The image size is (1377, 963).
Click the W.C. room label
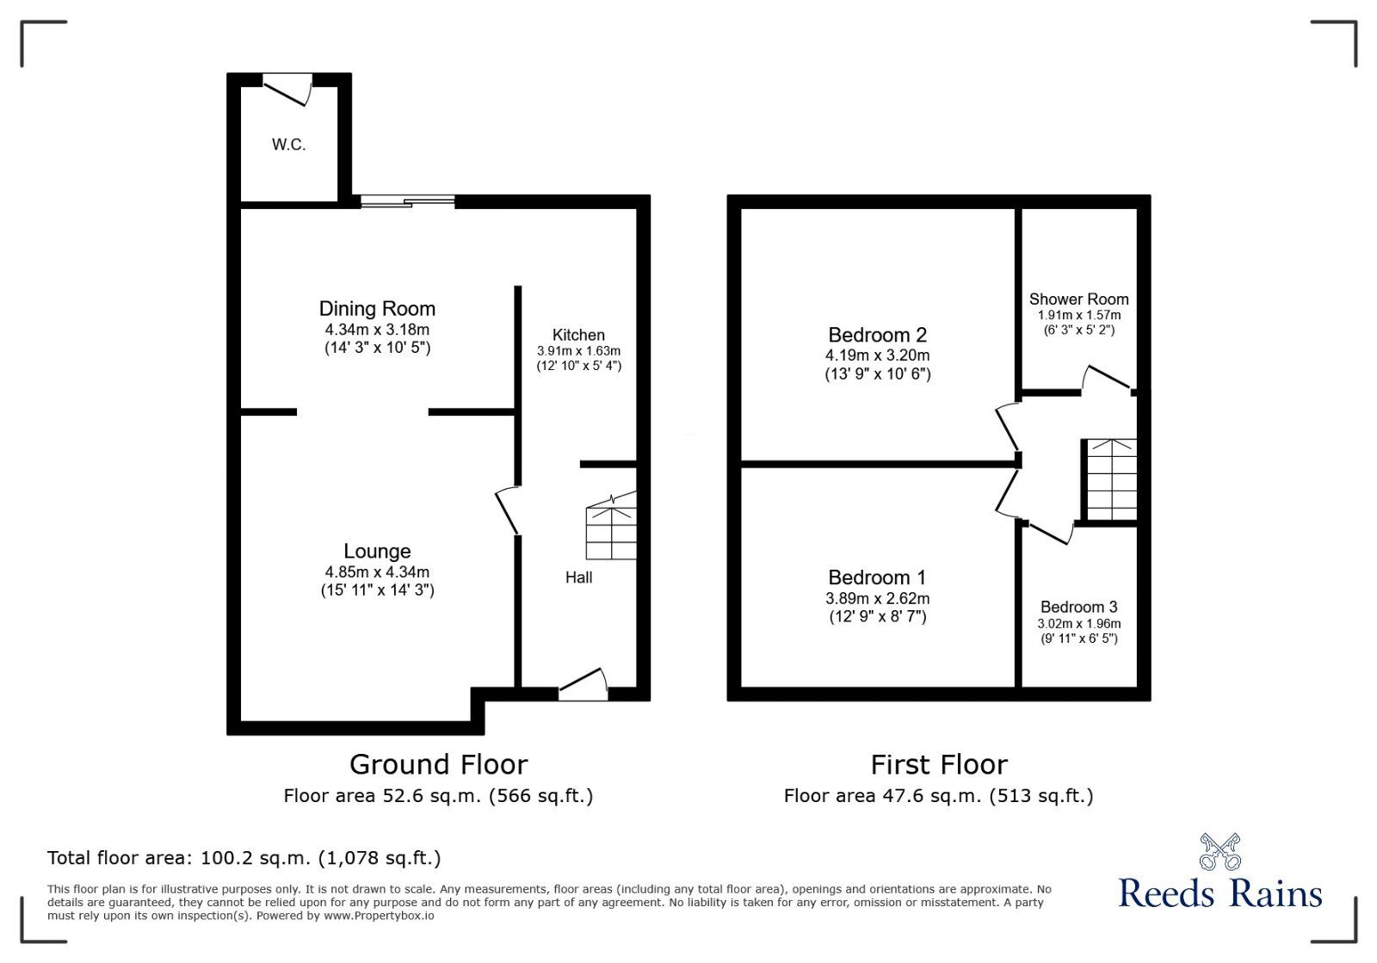coord(288,145)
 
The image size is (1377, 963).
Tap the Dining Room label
coord(377,308)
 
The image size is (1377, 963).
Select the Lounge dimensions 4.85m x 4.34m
coord(377,571)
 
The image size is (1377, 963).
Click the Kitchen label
coord(578,335)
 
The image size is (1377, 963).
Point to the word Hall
coord(578,577)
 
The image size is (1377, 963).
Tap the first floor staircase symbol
coord(1111,479)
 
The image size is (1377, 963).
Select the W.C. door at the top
coord(288,88)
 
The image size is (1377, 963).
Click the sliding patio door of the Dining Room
coord(407,202)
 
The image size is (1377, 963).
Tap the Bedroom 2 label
coord(877,335)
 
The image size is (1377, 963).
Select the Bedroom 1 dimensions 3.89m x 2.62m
coord(877,598)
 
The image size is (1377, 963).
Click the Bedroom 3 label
coord(1078,607)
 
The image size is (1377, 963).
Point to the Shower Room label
coord(1078,299)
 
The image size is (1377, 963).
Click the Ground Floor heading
coord(438,764)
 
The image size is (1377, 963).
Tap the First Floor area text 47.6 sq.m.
coord(938,796)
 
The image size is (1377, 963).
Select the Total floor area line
coord(244,858)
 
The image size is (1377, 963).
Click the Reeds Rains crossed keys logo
coord(1220,851)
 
